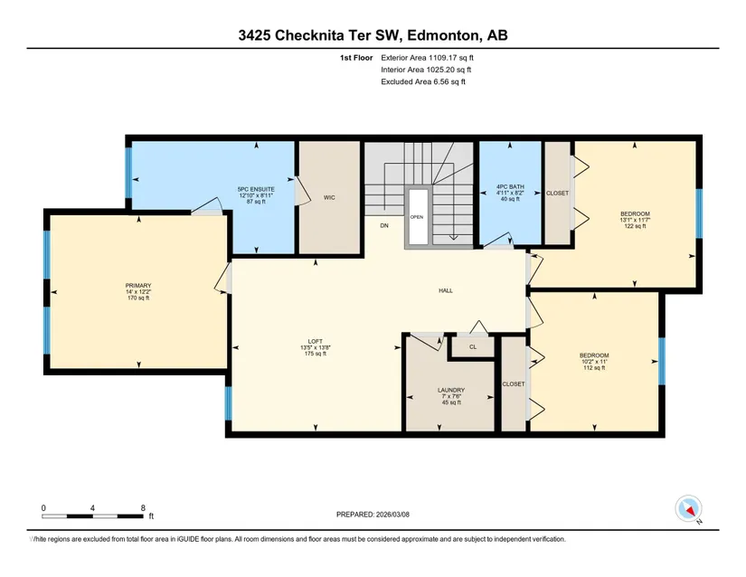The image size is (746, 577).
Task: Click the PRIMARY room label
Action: (138, 286)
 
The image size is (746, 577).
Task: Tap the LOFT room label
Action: (316, 341)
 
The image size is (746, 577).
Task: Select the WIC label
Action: (329, 197)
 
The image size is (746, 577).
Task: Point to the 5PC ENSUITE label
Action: (256, 189)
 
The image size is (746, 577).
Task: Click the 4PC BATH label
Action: (510, 187)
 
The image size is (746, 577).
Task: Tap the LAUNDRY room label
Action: (451, 390)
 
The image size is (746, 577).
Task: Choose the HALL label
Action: (446, 290)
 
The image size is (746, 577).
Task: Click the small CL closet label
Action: (473, 346)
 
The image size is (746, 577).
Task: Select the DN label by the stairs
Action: (384, 225)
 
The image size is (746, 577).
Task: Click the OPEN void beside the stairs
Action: (417, 217)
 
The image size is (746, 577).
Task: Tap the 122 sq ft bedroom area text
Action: (635, 226)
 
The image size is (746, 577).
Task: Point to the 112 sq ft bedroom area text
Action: (594, 368)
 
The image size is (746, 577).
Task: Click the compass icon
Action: (688, 508)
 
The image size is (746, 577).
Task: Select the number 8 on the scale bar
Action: (143, 508)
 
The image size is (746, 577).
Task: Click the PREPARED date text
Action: (373, 515)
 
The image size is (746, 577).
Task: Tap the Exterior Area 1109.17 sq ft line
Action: (427, 58)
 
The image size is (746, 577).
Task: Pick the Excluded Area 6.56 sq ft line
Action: (423, 81)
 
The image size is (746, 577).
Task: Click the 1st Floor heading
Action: (356, 58)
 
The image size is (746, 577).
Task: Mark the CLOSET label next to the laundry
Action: (514, 383)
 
